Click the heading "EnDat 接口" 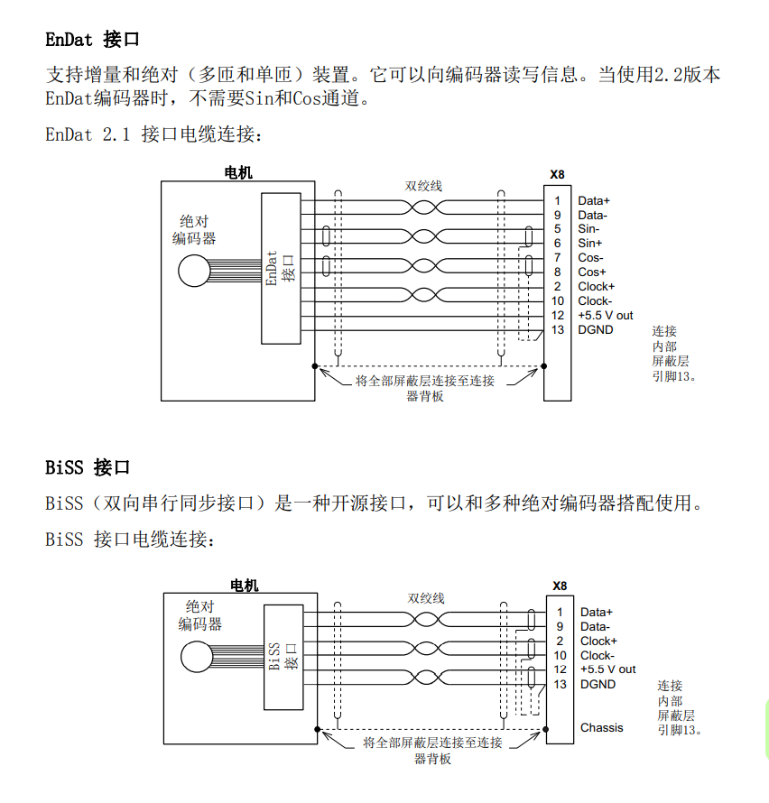point(93,40)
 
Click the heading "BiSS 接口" point(88,467)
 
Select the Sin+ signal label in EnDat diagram point(590,244)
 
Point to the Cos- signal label point(590,258)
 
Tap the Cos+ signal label point(592,272)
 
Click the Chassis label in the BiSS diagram point(601,727)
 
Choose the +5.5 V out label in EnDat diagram point(606,316)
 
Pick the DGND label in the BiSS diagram point(598,685)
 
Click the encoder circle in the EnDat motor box point(191,271)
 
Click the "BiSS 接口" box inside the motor point(283,656)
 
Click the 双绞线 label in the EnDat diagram point(423,186)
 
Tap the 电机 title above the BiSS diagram point(244,586)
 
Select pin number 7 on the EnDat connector point(558,258)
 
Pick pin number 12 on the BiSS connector point(560,669)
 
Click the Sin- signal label point(588,229)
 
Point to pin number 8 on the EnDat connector point(558,272)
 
